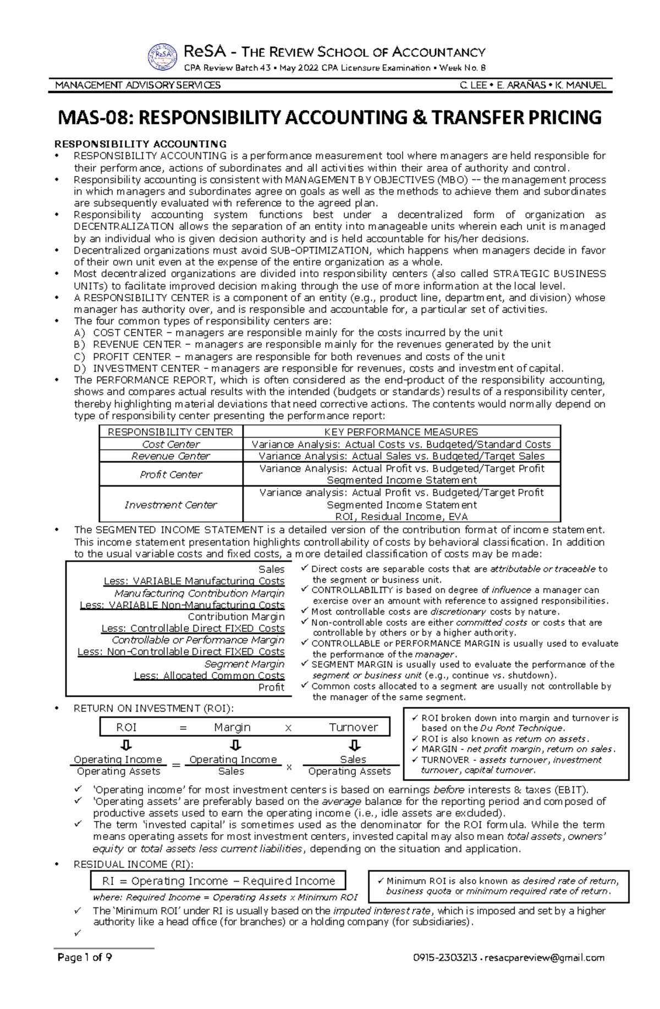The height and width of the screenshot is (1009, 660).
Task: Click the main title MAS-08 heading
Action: [330, 118]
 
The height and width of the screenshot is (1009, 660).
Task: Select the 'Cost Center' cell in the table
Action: [171, 444]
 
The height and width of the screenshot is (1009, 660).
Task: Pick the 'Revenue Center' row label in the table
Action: [171, 456]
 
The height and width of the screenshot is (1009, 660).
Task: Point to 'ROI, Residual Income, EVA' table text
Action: [401, 516]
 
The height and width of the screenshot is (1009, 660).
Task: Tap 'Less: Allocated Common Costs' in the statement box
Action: [210, 676]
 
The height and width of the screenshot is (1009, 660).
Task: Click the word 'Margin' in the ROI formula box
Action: [232, 727]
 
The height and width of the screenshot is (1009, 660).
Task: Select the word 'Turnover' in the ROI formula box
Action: [353, 727]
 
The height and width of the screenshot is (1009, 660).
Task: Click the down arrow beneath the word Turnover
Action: [355, 746]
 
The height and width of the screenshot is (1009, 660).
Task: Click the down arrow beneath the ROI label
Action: [127, 746]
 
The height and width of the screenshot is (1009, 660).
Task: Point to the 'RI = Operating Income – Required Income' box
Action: [218, 880]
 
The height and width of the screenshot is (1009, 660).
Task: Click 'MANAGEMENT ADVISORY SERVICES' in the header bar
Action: [138, 85]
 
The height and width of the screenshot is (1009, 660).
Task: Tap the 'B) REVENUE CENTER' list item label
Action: [137, 344]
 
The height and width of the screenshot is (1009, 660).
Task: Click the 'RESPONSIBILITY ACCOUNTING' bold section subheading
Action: [140, 144]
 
